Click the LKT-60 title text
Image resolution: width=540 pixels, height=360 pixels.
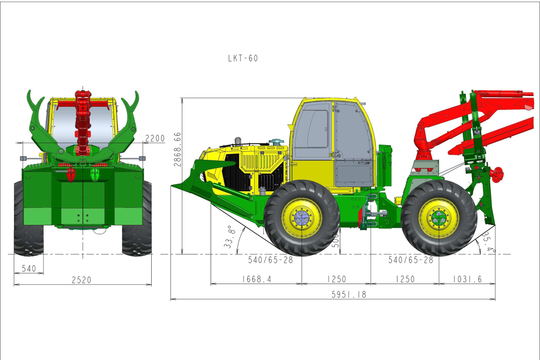coord(243,58)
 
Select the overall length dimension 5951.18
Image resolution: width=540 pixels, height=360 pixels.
coord(349,295)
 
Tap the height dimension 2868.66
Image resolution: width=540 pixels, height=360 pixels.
coord(177,149)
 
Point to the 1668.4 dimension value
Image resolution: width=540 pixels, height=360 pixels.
coord(257,279)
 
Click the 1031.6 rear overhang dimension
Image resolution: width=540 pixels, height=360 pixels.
coord(467,279)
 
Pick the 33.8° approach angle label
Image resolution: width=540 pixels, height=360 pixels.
coord(230,237)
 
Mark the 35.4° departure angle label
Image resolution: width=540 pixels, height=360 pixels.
coord(489,243)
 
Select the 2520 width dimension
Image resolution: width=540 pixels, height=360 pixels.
coord(82,280)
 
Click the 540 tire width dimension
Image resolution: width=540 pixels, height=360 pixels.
coord(28,269)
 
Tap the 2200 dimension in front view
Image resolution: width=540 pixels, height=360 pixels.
coord(155,138)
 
